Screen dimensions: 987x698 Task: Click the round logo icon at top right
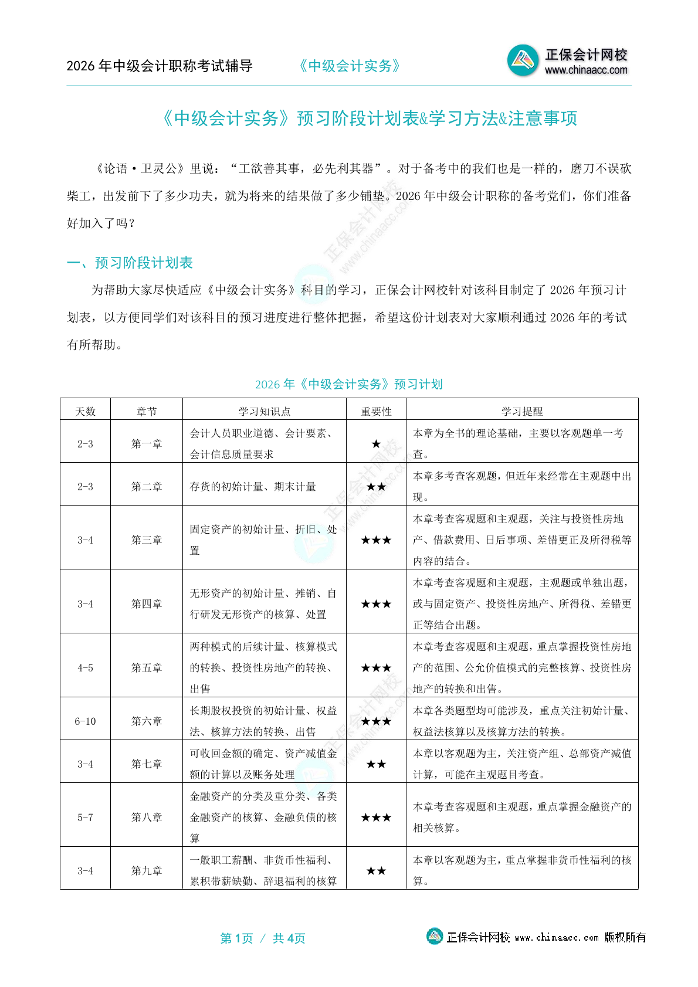[x=523, y=60]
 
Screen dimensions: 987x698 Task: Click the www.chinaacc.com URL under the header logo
[x=586, y=70]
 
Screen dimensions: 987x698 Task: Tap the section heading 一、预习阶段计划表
[x=130, y=263]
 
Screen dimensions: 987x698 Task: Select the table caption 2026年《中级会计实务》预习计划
[x=348, y=384]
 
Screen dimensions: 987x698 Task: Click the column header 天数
[x=85, y=411]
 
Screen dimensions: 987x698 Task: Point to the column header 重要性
[x=376, y=411]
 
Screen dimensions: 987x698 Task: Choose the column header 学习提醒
[x=521, y=411]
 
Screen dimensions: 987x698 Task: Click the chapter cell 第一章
[x=147, y=444]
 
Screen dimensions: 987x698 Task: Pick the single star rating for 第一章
[x=376, y=444]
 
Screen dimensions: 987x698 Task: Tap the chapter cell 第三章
[x=147, y=540]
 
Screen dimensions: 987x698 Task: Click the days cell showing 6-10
[x=85, y=721]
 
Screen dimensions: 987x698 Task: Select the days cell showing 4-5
[x=85, y=668]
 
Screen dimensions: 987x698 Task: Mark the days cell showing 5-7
[x=85, y=818]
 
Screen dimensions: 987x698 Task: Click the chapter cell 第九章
[x=147, y=871]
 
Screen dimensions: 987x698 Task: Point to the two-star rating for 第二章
[x=376, y=487]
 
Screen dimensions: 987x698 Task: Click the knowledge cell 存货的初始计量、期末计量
[x=253, y=487]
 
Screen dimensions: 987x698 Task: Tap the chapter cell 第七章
[x=147, y=764]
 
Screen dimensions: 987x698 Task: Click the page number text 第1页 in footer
[x=236, y=938]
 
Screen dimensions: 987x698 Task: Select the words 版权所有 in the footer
[x=625, y=937]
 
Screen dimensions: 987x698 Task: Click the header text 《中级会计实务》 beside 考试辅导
[x=350, y=66]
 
